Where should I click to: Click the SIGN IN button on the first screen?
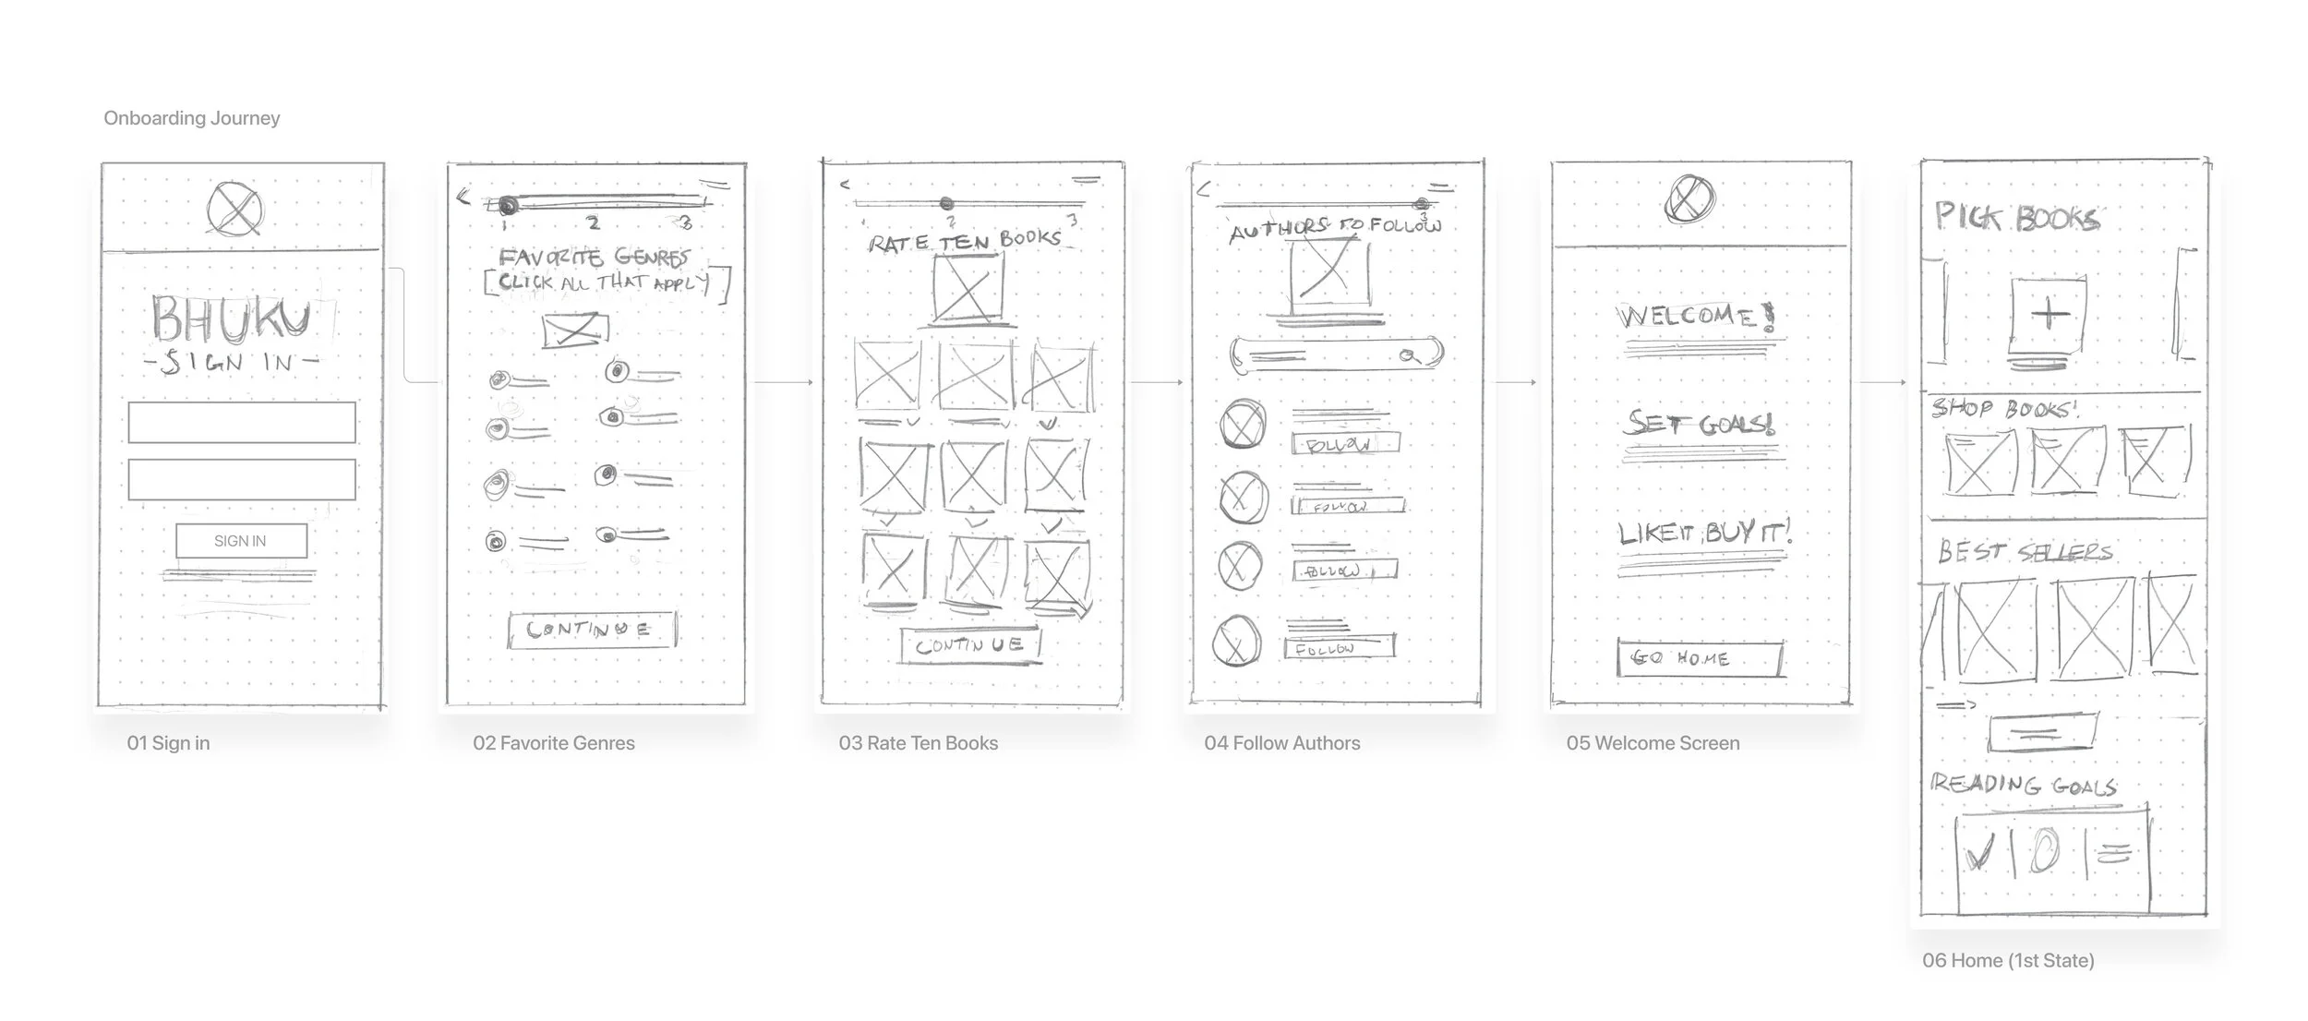pos(241,541)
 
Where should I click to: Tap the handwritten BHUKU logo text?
pos(231,319)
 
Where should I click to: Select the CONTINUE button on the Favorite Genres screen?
pos(591,630)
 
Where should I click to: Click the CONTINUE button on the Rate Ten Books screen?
pos(970,644)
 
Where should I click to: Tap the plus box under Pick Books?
pos(2049,316)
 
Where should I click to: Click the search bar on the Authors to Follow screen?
pos(1335,354)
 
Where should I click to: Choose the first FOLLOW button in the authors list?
pos(1344,444)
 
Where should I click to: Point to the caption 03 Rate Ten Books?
pos(918,743)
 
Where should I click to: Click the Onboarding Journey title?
pos(191,118)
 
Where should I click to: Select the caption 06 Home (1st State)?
pos(2008,960)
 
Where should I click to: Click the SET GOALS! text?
pos(1700,424)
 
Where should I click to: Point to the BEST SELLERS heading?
pos(2025,552)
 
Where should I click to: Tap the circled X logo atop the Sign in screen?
pos(234,209)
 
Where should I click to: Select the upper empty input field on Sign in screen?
pos(241,422)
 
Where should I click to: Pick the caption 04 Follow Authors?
pos(1281,743)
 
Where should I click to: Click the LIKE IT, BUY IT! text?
pos(1704,533)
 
